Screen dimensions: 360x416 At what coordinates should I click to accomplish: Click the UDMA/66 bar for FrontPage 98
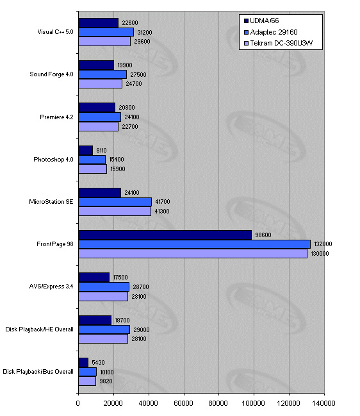pos(165,235)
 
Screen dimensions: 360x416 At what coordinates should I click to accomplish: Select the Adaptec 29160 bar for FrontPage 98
pos(194,244)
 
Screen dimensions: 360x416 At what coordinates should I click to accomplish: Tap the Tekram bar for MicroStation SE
pos(115,211)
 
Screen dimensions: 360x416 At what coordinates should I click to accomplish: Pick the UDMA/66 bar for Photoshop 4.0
pos(86,151)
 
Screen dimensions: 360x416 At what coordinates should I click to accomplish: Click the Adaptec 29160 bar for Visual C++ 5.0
pos(106,32)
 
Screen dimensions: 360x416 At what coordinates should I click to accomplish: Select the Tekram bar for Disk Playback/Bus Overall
pos(87,381)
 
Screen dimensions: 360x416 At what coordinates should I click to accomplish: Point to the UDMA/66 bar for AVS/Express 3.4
pos(94,278)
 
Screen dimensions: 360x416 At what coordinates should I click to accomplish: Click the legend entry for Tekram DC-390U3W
pos(278,43)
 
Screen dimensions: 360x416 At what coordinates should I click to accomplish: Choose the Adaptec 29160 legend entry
pos(270,32)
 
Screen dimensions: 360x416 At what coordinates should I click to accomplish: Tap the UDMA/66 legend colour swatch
pos(246,21)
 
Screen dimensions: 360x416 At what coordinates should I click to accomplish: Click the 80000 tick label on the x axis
pos(218,404)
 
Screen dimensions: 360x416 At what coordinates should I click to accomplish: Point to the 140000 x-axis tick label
pos(323,404)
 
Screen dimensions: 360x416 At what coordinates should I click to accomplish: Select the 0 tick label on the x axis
pos(78,404)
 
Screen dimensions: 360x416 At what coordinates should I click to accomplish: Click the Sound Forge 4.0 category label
pos(51,74)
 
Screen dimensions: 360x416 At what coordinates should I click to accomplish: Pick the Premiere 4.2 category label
pos(56,117)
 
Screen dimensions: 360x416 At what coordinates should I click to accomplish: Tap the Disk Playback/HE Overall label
pos(39,329)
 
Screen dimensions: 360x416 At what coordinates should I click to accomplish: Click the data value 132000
pos(323,244)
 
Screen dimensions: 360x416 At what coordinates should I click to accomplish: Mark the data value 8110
pos(102,151)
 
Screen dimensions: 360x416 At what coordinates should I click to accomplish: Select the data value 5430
pos(98,363)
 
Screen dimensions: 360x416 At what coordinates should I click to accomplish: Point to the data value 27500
pos(138,75)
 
